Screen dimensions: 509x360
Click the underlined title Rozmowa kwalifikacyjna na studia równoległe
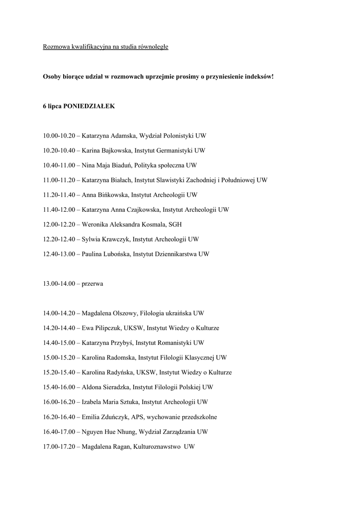[105, 47]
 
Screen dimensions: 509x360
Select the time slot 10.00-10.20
[58, 136]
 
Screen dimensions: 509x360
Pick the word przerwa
[92, 283]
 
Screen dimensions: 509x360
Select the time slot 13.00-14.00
[58, 283]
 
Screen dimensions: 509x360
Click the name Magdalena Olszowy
[109, 313]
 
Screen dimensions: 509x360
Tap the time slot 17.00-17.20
[58, 447]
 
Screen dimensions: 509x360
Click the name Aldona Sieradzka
[106, 387]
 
